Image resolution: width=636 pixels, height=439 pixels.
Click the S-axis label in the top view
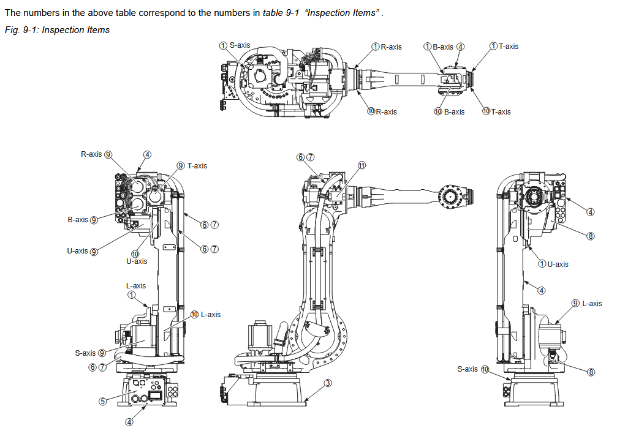coord(240,46)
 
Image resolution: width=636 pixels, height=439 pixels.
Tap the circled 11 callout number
coord(362,166)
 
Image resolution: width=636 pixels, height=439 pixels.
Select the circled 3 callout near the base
coord(328,383)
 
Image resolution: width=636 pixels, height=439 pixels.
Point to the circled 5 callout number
coord(103,402)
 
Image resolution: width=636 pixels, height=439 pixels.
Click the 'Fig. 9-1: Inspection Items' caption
coord(57,29)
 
